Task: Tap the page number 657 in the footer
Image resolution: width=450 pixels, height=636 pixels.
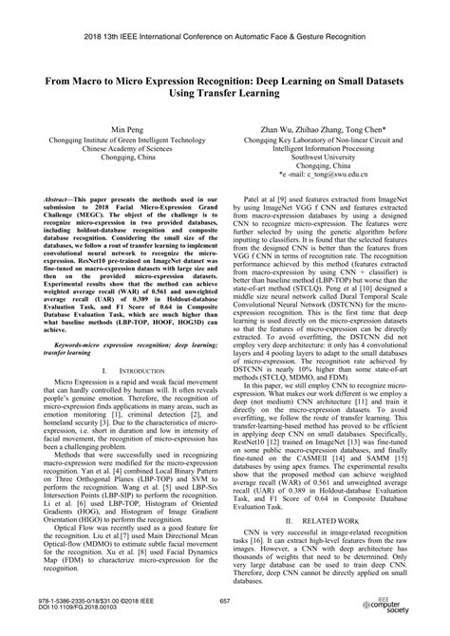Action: coord(225,602)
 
